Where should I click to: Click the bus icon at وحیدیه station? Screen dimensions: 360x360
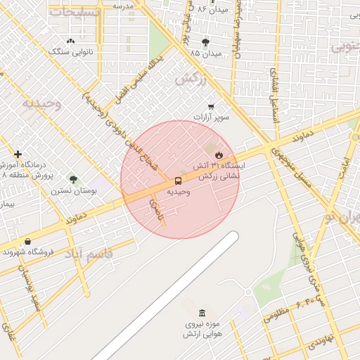point(177,181)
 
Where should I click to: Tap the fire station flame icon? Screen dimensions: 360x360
point(219,154)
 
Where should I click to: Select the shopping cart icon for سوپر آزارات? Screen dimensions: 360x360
point(210,106)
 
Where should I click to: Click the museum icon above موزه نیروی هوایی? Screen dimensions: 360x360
point(202,313)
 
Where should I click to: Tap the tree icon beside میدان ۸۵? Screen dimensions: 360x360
point(205,41)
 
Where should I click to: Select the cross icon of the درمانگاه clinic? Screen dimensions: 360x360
point(18,154)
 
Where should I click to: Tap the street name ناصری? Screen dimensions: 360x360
point(155,210)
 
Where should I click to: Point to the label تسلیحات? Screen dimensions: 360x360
point(68,12)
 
